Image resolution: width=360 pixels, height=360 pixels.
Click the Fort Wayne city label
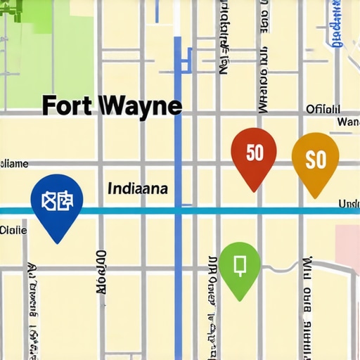(x=112, y=106)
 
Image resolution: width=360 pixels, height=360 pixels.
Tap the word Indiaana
(x=138, y=189)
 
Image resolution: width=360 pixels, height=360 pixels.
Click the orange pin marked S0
(x=315, y=160)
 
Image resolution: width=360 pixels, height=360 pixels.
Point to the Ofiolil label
(x=323, y=109)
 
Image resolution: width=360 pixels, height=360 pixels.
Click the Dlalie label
(x=13, y=229)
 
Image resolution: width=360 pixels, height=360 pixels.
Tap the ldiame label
(x=14, y=164)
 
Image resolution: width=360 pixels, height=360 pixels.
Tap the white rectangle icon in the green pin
(x=239, y=264)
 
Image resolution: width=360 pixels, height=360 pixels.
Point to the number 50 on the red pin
(x=255, y=152)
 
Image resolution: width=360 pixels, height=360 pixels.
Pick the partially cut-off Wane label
(x=348, y=122)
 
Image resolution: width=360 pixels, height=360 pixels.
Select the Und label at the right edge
(x=349, y=204)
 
